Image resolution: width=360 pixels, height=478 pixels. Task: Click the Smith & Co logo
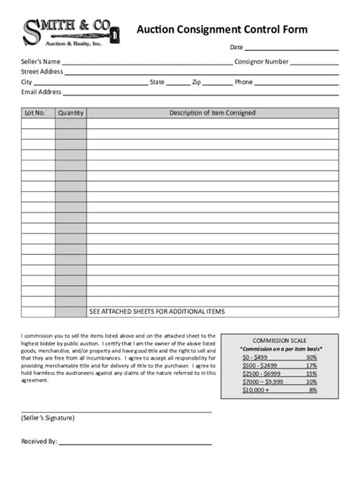coord(67,33)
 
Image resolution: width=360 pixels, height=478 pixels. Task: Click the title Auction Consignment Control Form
coord(222,30)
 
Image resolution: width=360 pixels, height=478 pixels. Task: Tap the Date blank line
coord(292,49)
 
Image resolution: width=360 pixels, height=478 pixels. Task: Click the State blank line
coord(178,83)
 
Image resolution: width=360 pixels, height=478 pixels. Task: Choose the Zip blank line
coord(217,83)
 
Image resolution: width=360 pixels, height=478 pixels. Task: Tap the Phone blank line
coord(297,83)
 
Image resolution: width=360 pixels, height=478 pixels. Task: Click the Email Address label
coord(41,92)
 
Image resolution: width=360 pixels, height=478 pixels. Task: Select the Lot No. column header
coord(35,113)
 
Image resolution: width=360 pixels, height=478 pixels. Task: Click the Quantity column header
coord(70,113)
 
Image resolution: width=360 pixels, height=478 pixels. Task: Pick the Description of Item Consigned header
coord(212,113)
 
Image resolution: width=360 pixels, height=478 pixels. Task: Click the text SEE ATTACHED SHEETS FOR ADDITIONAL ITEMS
coord(156,311)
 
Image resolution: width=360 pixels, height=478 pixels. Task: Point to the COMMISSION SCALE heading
coord(280,341)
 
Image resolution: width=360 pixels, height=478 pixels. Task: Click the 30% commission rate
coord(311,357)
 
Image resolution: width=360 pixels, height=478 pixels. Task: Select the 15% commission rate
coord(311,373)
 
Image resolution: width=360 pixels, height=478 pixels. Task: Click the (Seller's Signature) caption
coord(47,418)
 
